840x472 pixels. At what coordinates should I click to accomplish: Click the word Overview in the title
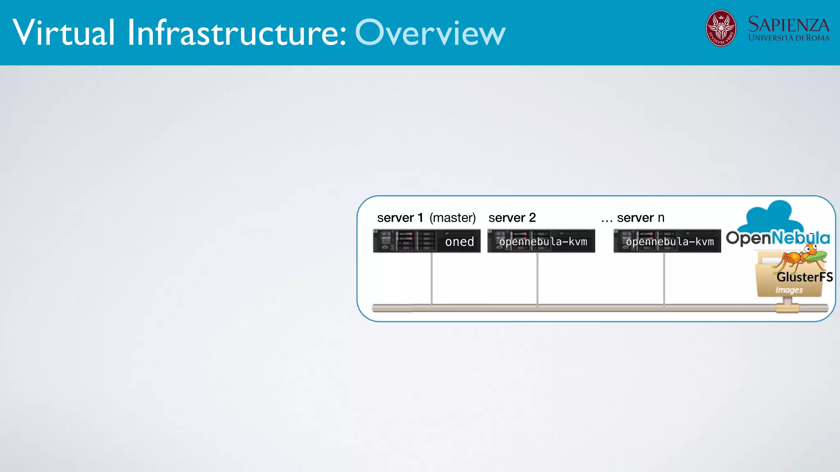(x=430, y=33)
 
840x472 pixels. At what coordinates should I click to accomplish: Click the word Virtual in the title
(x=64, y=33)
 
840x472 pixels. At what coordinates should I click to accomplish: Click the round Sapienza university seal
(x=721, y=28)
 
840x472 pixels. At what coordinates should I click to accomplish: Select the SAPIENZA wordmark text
(x=788, y=24)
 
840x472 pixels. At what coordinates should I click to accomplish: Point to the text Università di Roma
(x=788, y=38)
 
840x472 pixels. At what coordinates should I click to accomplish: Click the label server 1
(x=400, y=218)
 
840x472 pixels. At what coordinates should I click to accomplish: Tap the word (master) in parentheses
(x=452, y=218)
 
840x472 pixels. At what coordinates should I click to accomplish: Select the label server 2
(x=512, y=218)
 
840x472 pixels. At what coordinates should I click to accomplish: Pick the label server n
(x=640, y=218)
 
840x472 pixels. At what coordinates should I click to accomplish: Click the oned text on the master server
(x=459, y=242)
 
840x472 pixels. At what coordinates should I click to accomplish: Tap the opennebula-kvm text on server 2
(x=543, y=242)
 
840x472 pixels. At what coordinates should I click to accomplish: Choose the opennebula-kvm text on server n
(x=670, y=242)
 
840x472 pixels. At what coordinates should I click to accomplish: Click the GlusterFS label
(x=804, y=277)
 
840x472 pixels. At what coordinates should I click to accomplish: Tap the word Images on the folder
(x=789, y=290)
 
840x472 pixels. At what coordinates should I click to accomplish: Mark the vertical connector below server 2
(x=537, y=279)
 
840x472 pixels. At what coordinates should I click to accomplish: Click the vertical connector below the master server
(x=431, y=279)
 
